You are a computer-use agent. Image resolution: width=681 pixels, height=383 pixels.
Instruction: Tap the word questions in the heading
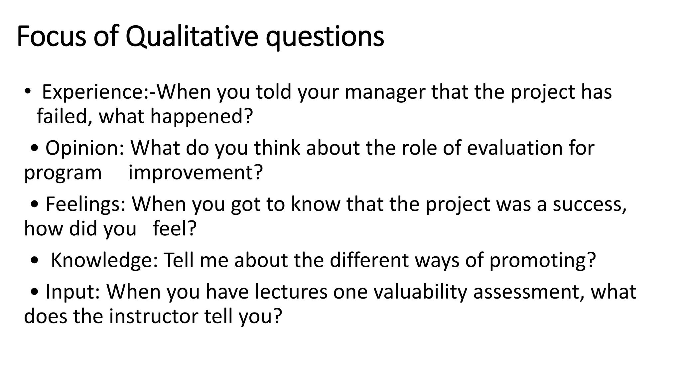[325, 37]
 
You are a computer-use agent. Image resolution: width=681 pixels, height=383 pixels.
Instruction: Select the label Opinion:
[84, 148]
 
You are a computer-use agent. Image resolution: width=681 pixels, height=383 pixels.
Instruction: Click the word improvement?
[196, 173]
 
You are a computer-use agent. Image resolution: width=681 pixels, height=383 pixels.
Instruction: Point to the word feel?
[175, 229]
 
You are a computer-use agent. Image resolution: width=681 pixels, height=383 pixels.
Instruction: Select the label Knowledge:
[104, 260]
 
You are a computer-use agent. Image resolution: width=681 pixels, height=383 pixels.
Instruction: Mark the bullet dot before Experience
[27, 90]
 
